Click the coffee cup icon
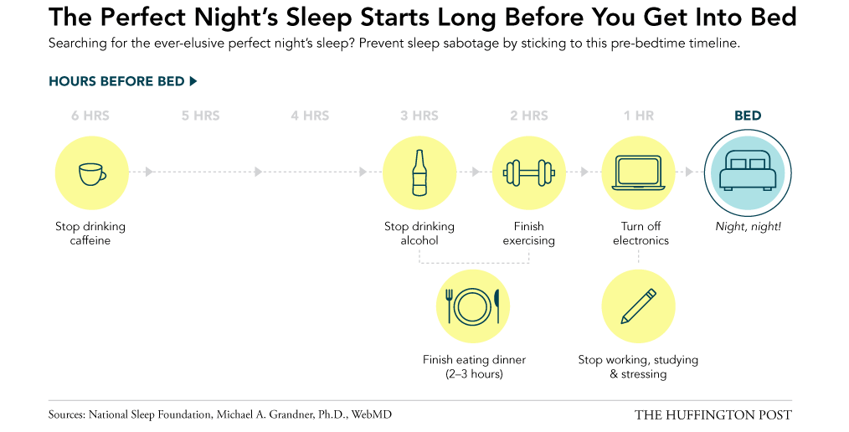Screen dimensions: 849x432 coord(92,174)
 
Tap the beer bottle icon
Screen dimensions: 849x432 coord(419,172)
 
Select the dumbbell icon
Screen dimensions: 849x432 coord(529,173)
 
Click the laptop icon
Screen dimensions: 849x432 coord(639,172)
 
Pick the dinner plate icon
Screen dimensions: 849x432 coord(473,306)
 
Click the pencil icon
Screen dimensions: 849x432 coord(638,306)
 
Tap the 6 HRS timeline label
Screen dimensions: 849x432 coord(90,116)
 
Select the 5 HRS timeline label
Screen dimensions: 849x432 coord(201,116)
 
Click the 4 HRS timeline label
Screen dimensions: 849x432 coord(311,116)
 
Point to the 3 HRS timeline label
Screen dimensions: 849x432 coord(419,116)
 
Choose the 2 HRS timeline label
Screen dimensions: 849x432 coord(529,116)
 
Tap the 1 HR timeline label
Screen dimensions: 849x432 coord(639,116)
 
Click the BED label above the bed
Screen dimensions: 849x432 coord(748,116)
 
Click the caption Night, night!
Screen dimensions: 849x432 coord(749,227)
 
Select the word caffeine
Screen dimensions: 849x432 coord(90,240)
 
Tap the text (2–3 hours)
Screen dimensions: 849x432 coord(474,374)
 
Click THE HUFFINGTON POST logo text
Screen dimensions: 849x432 coord(713,415)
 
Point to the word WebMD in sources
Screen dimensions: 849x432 coord(372,415)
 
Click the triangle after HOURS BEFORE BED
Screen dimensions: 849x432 coord(193,81)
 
